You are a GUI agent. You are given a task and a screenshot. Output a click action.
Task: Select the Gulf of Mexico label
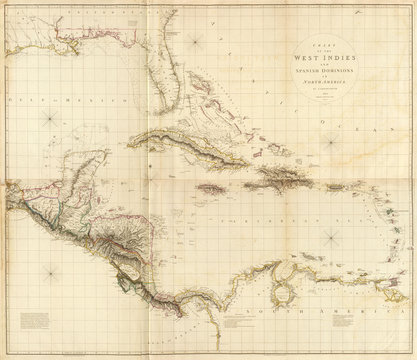tap(40, 103)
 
